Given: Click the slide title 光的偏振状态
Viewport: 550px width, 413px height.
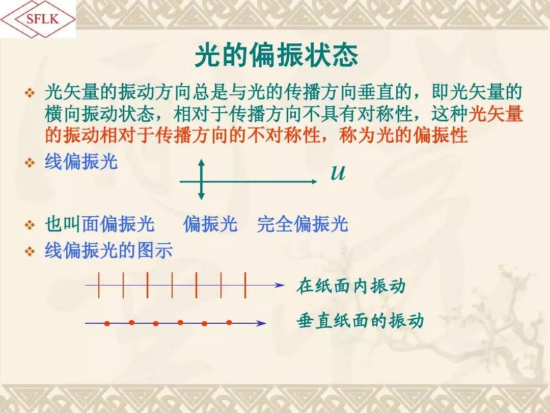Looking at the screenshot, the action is click(x=276, y=56).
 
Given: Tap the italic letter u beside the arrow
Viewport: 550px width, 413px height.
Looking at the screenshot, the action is click(x=338, y=172).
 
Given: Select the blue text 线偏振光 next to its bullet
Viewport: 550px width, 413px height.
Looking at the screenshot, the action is click(x=81, y=162).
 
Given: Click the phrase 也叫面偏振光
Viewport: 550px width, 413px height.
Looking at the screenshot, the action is click(x=100, y=224).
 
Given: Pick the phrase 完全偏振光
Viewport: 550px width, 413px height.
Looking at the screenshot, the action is click(x=302, y=224).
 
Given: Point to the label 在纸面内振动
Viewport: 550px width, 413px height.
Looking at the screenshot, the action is click(x=351, y=286).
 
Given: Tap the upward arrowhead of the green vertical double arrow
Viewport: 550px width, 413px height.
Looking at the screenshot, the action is click(x=201, y=163).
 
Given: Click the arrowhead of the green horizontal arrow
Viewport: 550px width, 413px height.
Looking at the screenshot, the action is click(x=314, y=181).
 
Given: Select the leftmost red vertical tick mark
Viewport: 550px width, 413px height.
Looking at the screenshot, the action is click(x=99, y=285).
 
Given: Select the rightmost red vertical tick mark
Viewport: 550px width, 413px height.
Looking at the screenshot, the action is click(x=245, y=285).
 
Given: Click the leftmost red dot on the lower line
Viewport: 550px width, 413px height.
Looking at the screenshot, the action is click(x=107, y=323).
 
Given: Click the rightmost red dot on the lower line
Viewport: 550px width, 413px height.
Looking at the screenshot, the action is click(x=229, y=322).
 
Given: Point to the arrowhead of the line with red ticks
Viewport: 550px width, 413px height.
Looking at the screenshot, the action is click(x=280, y=285).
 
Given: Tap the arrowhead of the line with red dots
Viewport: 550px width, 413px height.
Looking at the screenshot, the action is click(x=261, y=323).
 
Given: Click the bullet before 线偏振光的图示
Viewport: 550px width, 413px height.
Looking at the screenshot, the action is click(x=30, y=251).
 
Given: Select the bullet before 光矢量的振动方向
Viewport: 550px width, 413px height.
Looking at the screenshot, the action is click(x=30, y=93).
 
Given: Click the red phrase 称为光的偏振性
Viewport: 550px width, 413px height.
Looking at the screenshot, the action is click(x=403, y=135).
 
